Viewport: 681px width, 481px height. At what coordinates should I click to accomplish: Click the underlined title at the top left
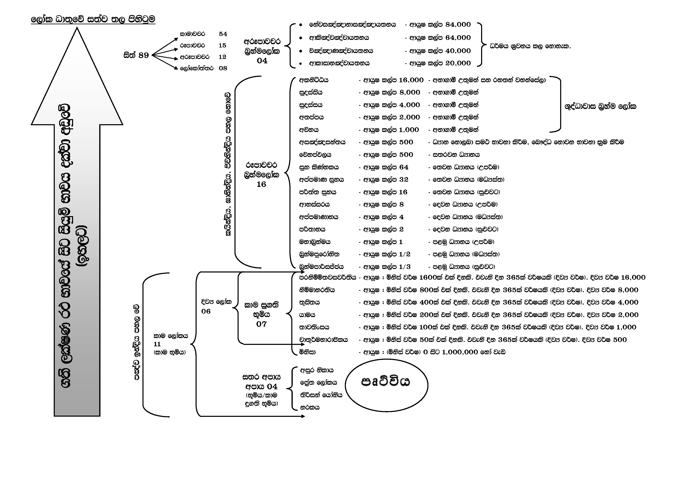(x=93, y=20)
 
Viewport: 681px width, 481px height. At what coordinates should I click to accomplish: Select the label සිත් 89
(x=136, y=55)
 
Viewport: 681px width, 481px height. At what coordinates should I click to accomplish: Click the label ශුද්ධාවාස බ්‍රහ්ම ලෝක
(x=600, y=106)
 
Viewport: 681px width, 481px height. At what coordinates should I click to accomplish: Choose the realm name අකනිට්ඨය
(x=314, y=80)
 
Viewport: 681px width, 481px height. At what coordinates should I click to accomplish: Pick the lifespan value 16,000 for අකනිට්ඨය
(x=411, y=80)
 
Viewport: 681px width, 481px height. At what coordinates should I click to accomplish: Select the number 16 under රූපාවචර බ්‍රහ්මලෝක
(x=261, y=184)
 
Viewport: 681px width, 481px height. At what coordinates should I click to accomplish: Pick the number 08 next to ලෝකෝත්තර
(x=223, y=68)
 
